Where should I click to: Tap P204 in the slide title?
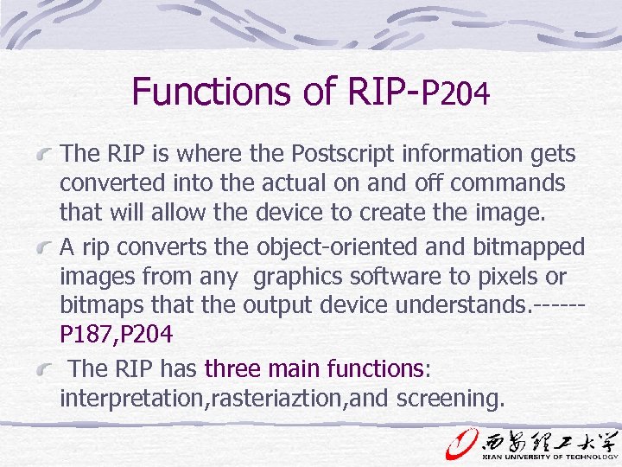tap(455, 93)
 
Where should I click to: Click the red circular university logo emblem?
tap(460, 442)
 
